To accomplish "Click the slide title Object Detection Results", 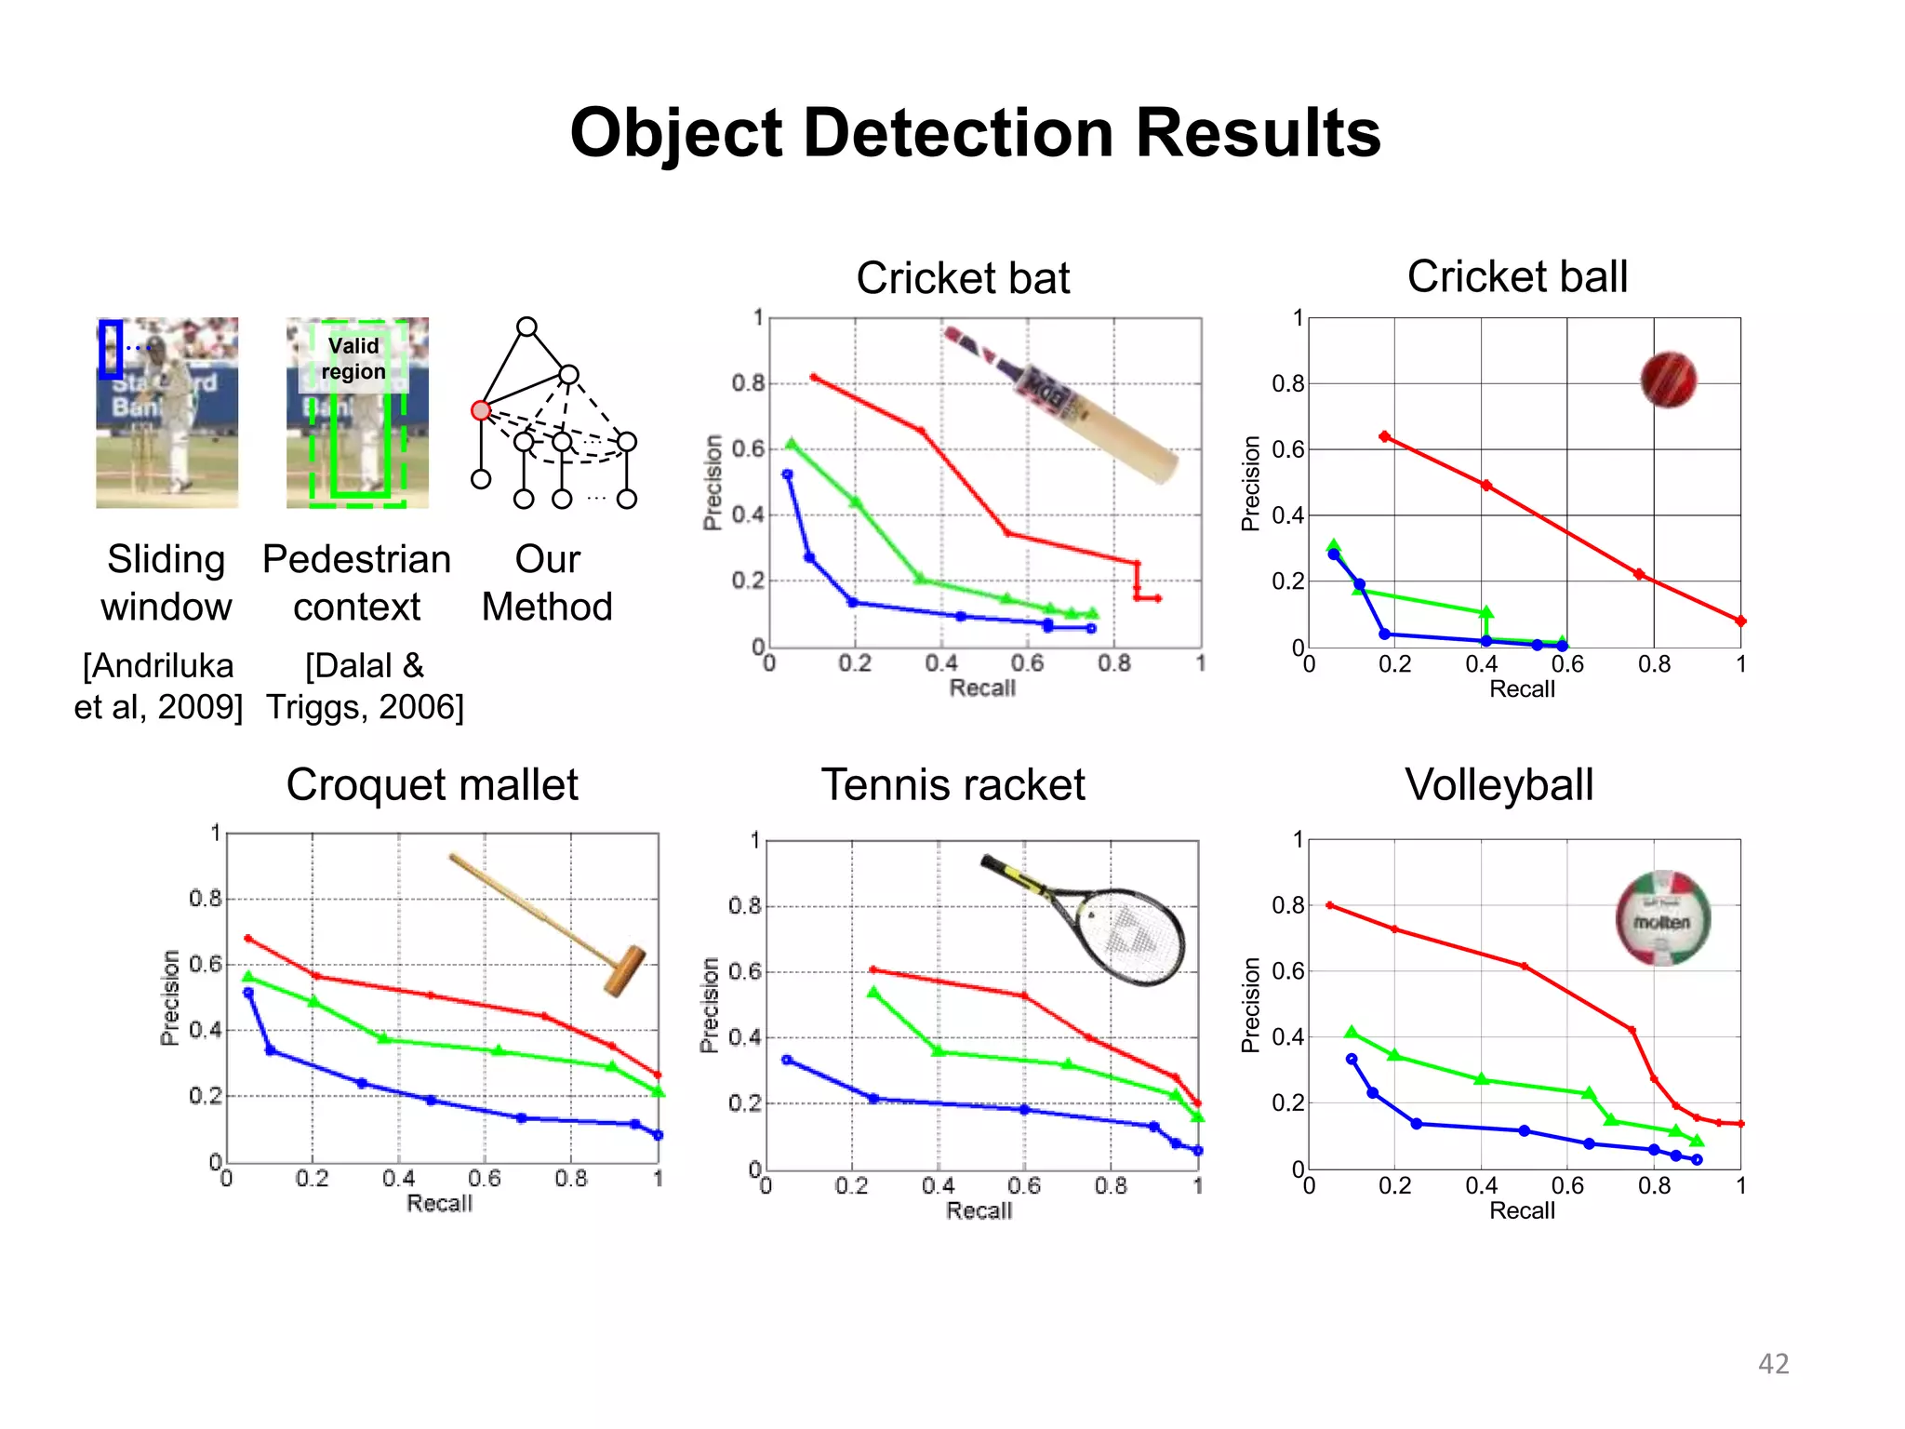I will (975, 133).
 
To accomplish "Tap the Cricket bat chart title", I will (963, 278).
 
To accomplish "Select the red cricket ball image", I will (1668, 380).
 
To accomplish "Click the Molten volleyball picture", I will (1662, 918).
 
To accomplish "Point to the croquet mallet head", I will (624, 970).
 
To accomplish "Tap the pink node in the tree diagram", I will (480, 410).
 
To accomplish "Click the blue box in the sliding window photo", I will (111, 348).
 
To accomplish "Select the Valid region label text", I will (353, 359).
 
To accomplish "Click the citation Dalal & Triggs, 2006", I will (365, 687).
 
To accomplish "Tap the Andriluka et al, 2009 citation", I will (158, 687).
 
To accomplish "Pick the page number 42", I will (1773, 1364).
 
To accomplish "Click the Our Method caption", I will (547, 583).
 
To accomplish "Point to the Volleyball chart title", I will (1499, 784).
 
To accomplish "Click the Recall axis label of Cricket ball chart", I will (1522, 689).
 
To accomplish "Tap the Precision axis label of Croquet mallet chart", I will (169, 997).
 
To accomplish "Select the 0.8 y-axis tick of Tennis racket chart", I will (744, 906).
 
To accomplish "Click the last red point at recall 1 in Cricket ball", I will (1740, 621).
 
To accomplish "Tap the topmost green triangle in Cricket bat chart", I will (792, 444).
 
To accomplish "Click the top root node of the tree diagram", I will (526, 327).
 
